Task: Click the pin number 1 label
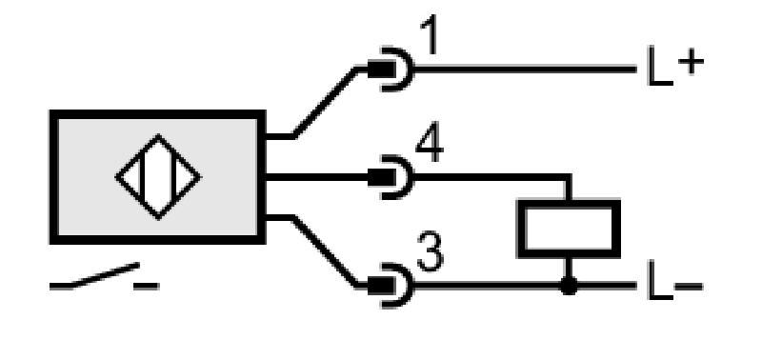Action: click(x=430, y=34)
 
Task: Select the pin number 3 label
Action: click(x=431, y=252)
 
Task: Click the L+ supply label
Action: click(x=675, y=66)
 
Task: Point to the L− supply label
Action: click(x=675, y=280)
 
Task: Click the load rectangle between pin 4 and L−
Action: click(x=569, y=229)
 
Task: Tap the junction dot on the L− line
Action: click(x=569, y=286)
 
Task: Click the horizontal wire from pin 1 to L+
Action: click(x=525, y=69)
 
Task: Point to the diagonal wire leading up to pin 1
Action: click(x=325, y=103)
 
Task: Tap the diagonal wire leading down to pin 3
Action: click(x=325, y=251)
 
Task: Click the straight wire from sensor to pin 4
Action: click(x=317, y=177)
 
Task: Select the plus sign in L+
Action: click(x=691, y=62)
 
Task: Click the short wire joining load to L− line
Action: click(x=569, y=268)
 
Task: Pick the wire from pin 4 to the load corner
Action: click(x=491, y=177)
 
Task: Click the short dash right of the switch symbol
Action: click(x=147, y=286)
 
